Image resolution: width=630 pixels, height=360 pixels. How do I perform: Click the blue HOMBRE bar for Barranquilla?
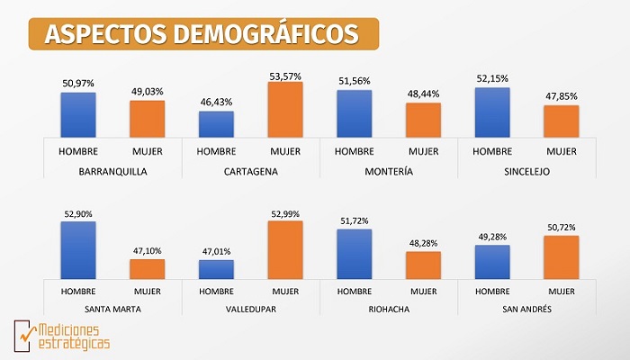pos(78,114)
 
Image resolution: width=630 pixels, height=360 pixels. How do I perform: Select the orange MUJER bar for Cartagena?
pos(285,109)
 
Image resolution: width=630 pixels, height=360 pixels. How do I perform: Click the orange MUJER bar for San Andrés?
pos(562,258)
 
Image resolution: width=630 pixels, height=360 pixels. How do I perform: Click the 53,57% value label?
pos(285,75)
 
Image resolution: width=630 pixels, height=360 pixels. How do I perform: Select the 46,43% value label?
pos(216,104)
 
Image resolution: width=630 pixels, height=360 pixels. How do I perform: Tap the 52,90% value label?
pos(78,214)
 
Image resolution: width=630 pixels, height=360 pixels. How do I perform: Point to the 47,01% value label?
pos(216,253)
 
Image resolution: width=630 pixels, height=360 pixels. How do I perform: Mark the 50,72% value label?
pos(562,229)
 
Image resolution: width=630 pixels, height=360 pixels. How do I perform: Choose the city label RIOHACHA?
pos(389,310)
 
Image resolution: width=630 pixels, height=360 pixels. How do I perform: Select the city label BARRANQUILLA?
pos(112,170)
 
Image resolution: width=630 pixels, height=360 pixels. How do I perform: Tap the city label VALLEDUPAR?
pos(250,310)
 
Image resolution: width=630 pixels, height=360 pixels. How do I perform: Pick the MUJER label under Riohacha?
pos(423,292)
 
